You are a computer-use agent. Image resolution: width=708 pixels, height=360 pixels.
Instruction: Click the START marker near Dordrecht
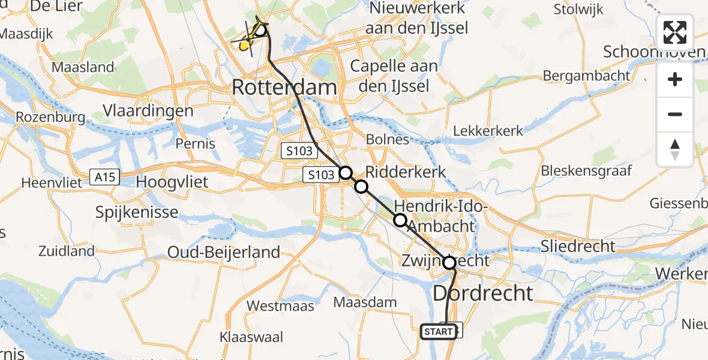click(438, 331)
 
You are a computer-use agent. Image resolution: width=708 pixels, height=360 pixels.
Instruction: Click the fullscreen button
click(675, 32)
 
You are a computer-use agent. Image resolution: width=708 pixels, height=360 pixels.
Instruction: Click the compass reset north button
click(675, 149)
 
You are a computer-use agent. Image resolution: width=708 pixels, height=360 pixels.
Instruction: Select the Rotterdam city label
click(284, 88)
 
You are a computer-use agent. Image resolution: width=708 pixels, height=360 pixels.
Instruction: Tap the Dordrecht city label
click(482, 293)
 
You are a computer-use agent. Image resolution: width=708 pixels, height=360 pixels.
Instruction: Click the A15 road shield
click(104, 177)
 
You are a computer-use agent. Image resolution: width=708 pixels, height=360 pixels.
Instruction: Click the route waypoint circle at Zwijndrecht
click(449, 262)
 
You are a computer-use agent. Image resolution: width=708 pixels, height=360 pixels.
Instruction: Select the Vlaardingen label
click(148, 110)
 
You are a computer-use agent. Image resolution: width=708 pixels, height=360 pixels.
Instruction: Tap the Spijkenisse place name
click(137, 212)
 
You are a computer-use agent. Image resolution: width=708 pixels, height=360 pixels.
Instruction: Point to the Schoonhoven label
click(653, 52)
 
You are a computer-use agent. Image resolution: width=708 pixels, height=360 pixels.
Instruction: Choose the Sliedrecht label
click(578, 246)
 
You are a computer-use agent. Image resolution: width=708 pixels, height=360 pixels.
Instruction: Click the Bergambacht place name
click(586, 76)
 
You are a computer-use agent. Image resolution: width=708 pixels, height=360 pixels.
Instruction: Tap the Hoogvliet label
click(173, 181)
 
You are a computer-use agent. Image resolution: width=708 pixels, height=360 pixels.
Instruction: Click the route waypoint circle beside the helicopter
click(260, 30)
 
